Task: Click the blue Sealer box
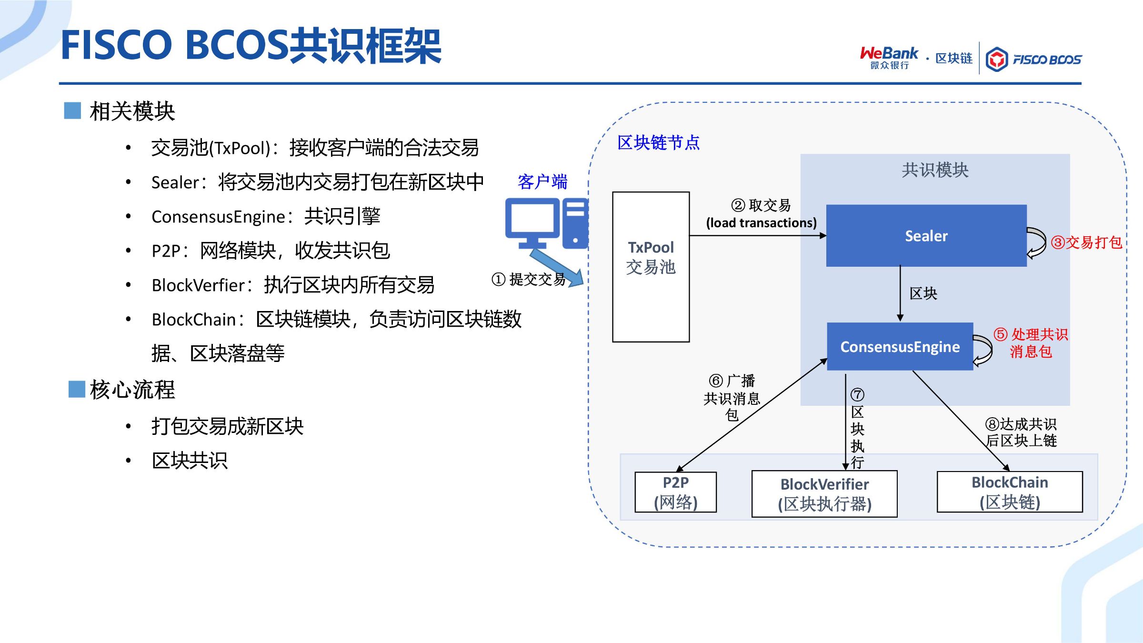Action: (926, 236)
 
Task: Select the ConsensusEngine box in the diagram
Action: (900, 346)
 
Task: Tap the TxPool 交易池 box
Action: (651, 267)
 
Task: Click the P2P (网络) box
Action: (676, 492)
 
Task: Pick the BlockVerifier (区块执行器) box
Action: (824, 494)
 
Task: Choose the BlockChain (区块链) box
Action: (1010, 492)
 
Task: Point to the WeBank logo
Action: (889, 58)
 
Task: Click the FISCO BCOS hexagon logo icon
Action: (997, 60)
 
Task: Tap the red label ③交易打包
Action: (1086, 242)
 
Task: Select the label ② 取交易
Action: (761, 205)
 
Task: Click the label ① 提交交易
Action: (529, 279)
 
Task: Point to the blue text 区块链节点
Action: (659, 142)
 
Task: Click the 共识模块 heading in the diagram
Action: (935, 170)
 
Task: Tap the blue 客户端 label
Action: (542, 182)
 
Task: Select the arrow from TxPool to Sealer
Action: (758, 235)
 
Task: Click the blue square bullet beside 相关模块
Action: (72, 111)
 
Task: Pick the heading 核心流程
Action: (132, 390)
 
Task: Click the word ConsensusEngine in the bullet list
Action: (218, 217)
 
